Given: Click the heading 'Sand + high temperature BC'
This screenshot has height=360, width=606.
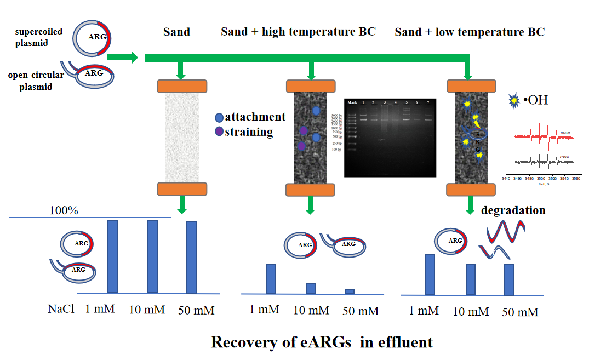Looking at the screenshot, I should point(298,31).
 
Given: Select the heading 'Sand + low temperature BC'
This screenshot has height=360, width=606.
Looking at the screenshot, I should point(469,32).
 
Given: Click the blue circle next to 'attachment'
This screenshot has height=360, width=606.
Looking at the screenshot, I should point(219,117).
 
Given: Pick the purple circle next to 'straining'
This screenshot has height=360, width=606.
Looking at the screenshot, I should point(219,132).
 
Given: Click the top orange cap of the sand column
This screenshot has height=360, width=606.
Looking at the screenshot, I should point(182,86).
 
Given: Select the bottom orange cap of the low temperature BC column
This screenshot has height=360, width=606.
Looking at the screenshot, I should point(472,190).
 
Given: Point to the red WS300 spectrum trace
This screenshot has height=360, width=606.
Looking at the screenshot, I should point(540,137).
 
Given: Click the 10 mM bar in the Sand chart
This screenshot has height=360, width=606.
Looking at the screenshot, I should point(153,256).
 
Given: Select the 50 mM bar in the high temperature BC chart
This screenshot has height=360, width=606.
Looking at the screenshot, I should point(350,291).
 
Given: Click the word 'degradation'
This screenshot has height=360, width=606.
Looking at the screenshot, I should point(513,210).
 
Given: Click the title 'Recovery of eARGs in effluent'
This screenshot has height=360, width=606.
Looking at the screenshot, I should point(322,342).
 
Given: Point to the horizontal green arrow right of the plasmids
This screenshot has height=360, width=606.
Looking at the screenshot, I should point(122,57).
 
